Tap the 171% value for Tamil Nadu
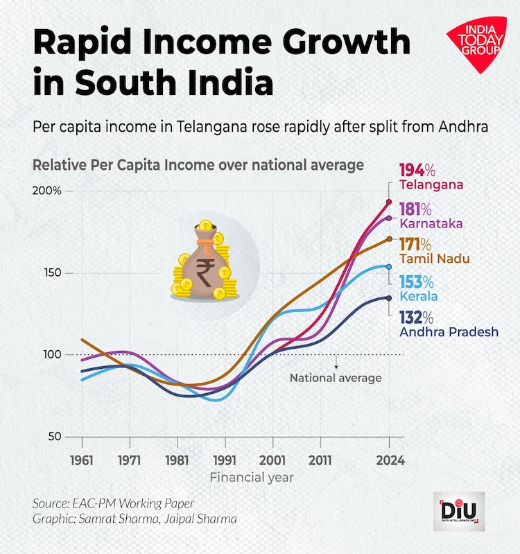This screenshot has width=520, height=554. [x=415, y=245]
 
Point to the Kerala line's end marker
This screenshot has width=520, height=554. [x=389, y=266]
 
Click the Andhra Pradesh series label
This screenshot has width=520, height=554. [x=449, y=332]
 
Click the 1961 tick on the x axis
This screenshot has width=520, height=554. [x=82, y=460]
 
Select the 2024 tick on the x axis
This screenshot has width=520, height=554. [x=389, y=460]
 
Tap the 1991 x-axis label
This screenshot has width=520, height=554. [x=225, y=460]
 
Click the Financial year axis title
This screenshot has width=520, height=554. [x=252, y=478]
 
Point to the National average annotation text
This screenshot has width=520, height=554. [x=336, y=379]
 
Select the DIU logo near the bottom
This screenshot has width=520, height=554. [x=458, y=512]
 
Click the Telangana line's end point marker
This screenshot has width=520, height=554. [x=389, y=202]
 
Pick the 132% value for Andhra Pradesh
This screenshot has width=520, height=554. [x=416, y=318]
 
